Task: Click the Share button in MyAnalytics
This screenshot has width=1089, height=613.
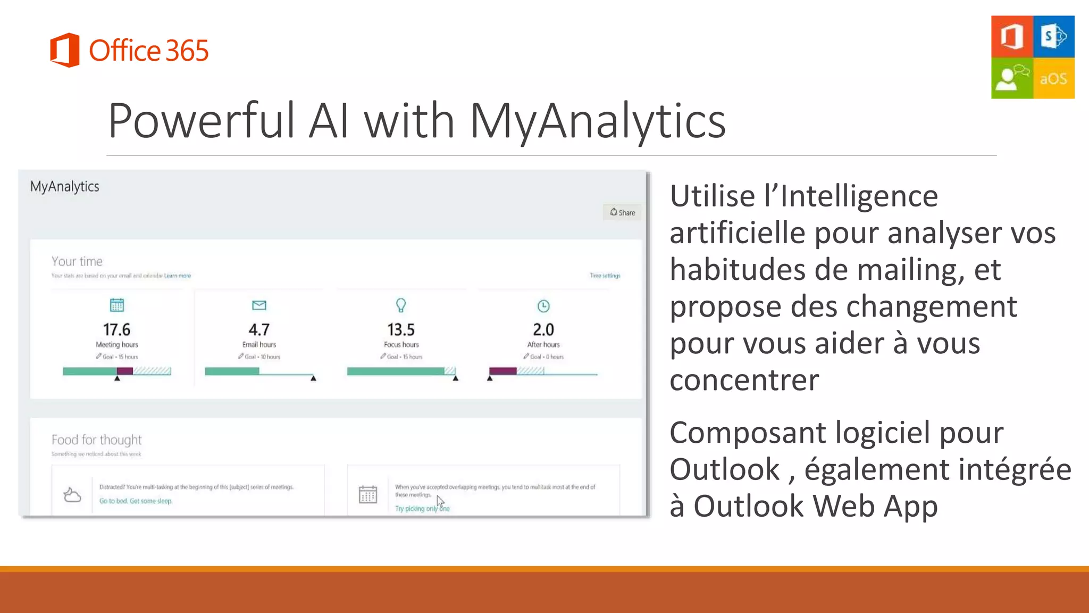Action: tap(622, 212)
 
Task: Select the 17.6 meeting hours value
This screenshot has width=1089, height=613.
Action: tap(116, 330)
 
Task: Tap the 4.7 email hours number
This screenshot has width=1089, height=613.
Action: tap(259, 330)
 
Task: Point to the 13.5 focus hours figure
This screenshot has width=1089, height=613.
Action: tap(401, 330)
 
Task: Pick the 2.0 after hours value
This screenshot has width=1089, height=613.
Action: tap(543, 330)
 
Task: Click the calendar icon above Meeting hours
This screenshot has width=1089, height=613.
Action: tap(116, 305)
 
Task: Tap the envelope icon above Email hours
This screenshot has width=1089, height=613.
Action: tap(259, 305)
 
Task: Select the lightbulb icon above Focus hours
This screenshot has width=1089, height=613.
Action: tap(401, 305)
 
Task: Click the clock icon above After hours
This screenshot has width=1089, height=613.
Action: tap(543, 306)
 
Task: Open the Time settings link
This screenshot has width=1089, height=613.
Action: tap(605, 276)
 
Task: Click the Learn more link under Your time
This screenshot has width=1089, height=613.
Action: tap(178, 276)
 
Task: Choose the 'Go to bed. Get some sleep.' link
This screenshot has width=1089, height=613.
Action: tap(136, 501)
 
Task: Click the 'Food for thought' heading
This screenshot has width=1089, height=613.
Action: tap(96, 440)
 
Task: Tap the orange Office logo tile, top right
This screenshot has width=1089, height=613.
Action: tap(1012, 36)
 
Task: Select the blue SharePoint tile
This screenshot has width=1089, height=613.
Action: tap(1053, 36)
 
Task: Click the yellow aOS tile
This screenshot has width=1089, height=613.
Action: tap(1053, 79)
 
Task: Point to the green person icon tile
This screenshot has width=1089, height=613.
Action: tap(1012, 79)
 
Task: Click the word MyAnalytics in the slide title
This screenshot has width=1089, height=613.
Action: tap(598, 121)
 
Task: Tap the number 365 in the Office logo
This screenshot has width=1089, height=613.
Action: tap(187, 51)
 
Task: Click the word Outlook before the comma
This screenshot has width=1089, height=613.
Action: tap(724, 469)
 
